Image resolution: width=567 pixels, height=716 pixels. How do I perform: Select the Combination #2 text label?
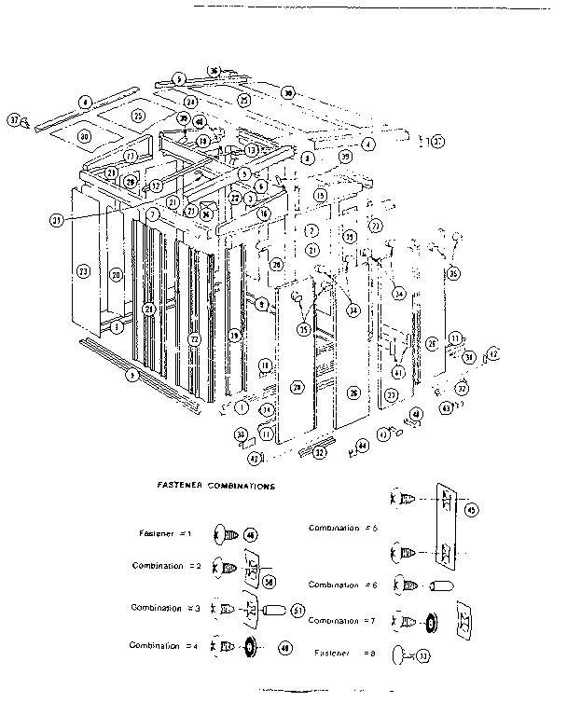pos(167,567)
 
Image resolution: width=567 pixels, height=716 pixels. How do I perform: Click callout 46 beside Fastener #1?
pos(249,535)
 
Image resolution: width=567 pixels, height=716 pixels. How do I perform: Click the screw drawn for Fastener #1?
pos(225,535)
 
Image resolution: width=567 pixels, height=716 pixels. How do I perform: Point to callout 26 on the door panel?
pos(353,393)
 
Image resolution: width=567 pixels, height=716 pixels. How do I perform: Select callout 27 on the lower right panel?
pos(391,395)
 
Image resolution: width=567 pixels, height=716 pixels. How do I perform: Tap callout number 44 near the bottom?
pos(362,447)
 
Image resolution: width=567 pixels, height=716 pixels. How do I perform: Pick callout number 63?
pos(447,406)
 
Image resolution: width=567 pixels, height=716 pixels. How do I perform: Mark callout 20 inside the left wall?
pos(117,275)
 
